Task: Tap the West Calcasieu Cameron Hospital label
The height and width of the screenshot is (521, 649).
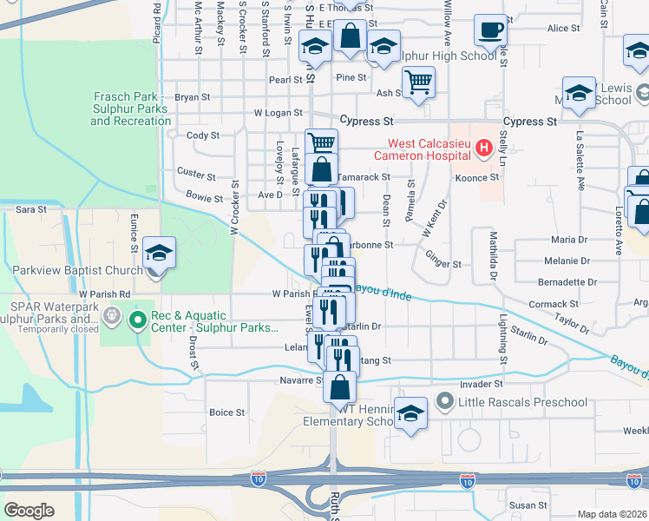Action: pos(424,149)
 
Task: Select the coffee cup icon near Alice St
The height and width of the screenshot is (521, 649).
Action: pos(489,30)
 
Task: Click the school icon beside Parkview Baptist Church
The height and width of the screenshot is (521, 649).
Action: pos(159,253)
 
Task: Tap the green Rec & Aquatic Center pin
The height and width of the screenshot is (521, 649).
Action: pos(137,321)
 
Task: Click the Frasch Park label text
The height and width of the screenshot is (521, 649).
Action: pos(130,109)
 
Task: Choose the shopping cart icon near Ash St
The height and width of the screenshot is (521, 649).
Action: pos(419,82)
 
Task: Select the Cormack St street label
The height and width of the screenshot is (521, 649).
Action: pos(553,304)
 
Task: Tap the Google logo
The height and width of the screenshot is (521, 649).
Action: pos(29,511)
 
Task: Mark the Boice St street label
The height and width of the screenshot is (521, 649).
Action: pos(227,412)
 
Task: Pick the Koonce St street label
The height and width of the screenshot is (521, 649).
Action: pos(477,177)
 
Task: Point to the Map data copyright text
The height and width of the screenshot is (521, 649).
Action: pos(612,514)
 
